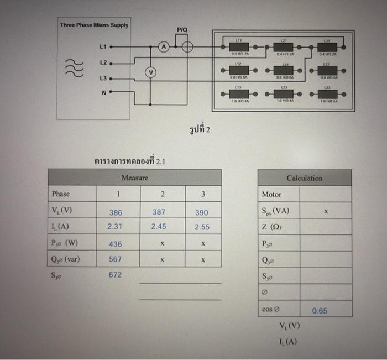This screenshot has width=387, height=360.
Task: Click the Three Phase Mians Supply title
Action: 94,25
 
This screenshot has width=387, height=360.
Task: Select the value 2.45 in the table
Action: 159,227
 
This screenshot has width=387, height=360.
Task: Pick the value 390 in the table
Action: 202,212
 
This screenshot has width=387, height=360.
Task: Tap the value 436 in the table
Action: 116,244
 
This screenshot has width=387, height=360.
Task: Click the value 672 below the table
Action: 116,275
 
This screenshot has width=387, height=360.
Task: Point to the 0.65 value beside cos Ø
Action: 320,311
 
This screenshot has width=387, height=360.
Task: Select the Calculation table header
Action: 305,178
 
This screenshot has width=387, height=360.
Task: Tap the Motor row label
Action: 271,195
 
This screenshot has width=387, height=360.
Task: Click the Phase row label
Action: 61,194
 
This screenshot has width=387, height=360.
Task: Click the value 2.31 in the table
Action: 116,227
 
